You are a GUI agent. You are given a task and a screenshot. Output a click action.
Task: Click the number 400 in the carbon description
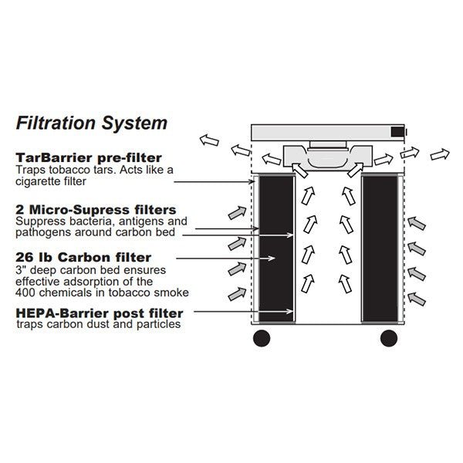point(27,292)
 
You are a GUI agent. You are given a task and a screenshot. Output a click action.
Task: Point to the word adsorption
point(80,282)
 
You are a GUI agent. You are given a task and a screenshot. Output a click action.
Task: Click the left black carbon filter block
point(275,248)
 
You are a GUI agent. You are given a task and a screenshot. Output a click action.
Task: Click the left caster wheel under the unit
point(263,337)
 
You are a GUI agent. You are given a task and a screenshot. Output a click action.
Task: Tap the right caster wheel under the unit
point(390,337)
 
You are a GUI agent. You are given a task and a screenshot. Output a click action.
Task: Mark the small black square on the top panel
point(397,132)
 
